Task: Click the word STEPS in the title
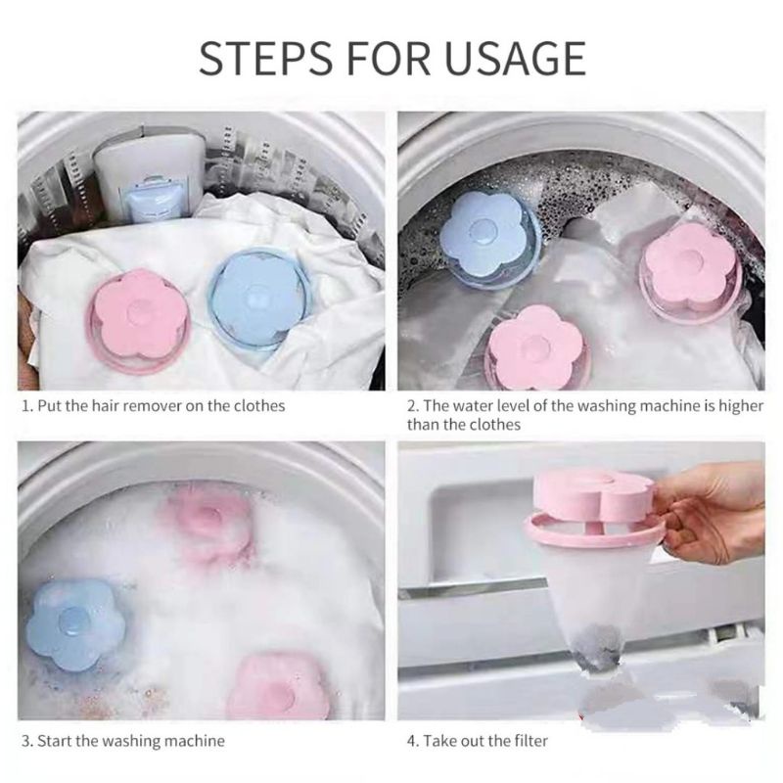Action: pos(265,59)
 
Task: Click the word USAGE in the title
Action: pos(515,59)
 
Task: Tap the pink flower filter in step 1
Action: pos(138,320)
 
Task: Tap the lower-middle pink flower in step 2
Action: pos(535,347)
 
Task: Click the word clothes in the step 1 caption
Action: pos(259,405)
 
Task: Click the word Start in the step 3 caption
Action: pos(55,740)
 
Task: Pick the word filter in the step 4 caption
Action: pos(530,740)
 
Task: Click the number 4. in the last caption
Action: pos(413,741)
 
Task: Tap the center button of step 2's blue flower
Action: pos(484,232)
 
